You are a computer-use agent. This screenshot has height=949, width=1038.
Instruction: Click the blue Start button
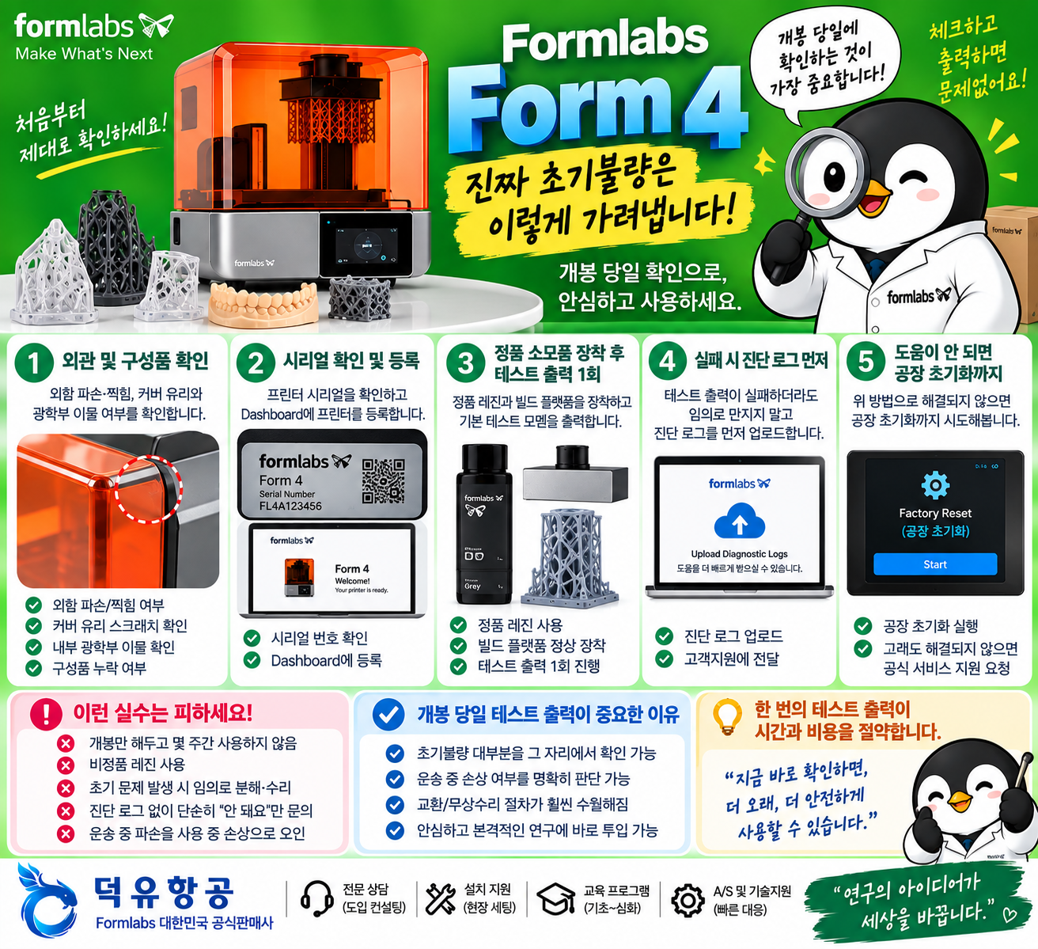point(934,564)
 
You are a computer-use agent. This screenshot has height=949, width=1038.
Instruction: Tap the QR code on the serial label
point(384,481)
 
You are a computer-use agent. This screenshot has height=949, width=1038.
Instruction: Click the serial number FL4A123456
point(290,506)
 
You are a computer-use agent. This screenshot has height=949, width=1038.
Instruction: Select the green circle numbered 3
point(465,363)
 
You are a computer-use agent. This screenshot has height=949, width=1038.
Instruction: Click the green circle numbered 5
point(866,362)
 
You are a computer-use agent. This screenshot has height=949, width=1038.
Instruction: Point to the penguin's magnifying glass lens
point(825,173)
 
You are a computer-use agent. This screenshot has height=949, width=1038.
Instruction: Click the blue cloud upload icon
point(739,521)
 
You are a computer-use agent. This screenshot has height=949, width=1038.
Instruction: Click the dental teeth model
point(263,304)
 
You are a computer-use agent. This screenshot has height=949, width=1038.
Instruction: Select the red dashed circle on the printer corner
point(149,489)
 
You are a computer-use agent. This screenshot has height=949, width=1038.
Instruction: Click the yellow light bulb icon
point(727,717)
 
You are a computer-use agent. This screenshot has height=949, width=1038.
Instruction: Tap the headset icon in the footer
point(316,899)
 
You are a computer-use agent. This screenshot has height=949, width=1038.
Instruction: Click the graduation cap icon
point(555,899)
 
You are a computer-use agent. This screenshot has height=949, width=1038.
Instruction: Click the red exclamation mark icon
point(46,714)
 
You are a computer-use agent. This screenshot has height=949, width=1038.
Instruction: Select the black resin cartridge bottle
point(484,524)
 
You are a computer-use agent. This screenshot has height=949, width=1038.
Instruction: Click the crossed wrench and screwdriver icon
point(441,899)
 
